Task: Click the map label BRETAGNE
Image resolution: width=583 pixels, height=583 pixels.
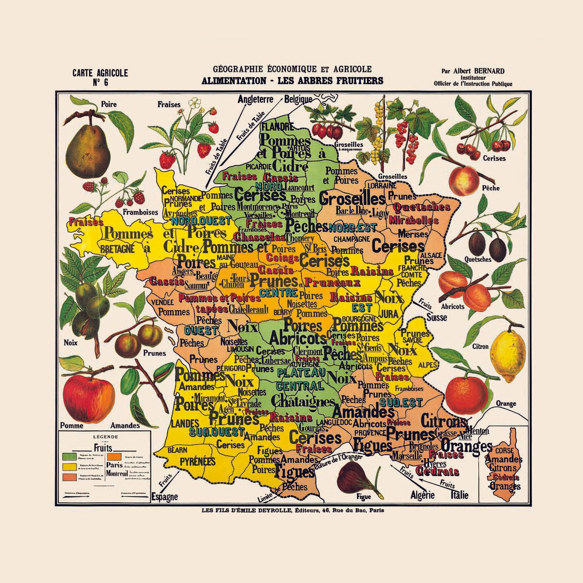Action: click(x=117, y=249)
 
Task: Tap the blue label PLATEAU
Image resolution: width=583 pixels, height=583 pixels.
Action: click(x=301, y=372)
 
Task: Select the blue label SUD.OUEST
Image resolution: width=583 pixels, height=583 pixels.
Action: click(x=217, y=433)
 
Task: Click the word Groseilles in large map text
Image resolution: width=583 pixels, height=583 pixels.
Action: click(x=352, y=199)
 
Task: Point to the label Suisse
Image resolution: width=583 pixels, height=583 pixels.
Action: click(x=437, y=318)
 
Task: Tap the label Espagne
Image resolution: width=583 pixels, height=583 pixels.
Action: click(x=165, y=497)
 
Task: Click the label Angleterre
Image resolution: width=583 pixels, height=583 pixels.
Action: click(x=255, y=99)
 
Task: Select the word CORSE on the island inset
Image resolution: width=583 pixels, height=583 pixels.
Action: click(x=504, y=451)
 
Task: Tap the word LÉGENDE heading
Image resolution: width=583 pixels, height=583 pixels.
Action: click(x=105, y=437)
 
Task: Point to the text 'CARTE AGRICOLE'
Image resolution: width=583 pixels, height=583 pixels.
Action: click(x=100, y=73)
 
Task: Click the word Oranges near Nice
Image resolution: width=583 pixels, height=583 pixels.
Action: click(x=466, y=446)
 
